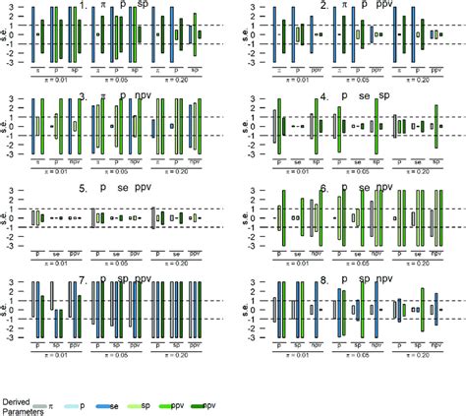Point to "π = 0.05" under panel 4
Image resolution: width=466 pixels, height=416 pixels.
pos(357,176)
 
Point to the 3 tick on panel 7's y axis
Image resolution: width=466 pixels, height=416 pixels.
pos(19,282)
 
